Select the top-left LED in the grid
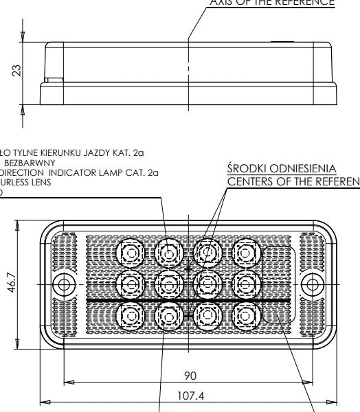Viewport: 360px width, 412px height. pos(128,253)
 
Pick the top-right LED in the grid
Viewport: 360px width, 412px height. pos(245,253)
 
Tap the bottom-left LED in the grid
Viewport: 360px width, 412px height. pos(128,314)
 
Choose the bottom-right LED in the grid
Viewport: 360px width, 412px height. pos(245,314)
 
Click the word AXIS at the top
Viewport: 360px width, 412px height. pos(223,2)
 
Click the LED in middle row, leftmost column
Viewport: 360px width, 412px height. pos(128,282)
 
